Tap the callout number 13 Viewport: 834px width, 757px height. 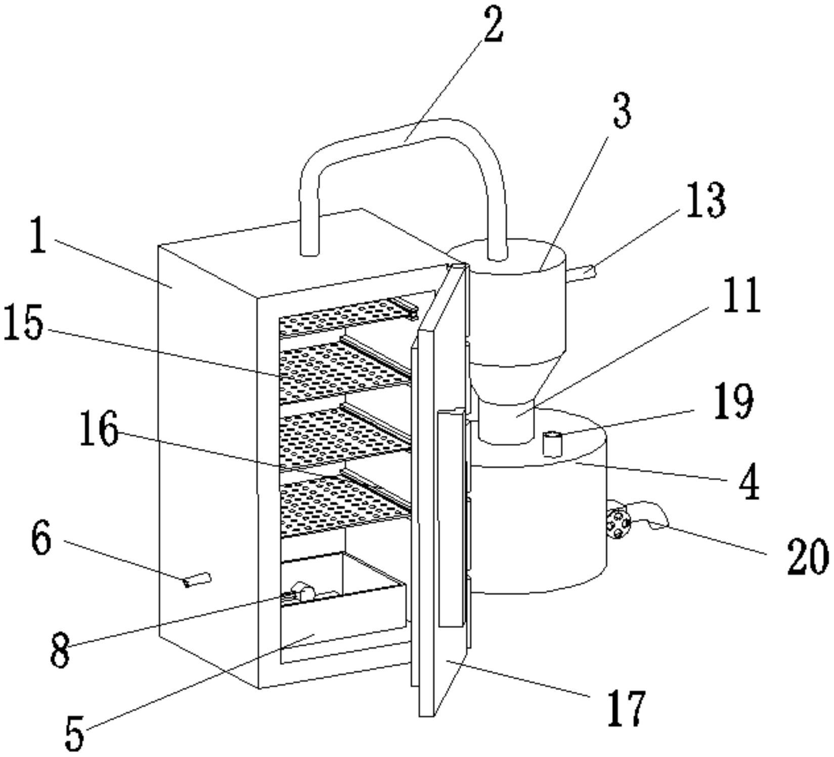(706, 200)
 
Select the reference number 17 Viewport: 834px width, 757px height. (627, 708)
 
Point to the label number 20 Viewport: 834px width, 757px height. (807, 556)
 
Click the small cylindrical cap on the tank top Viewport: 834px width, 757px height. (552, 443)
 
